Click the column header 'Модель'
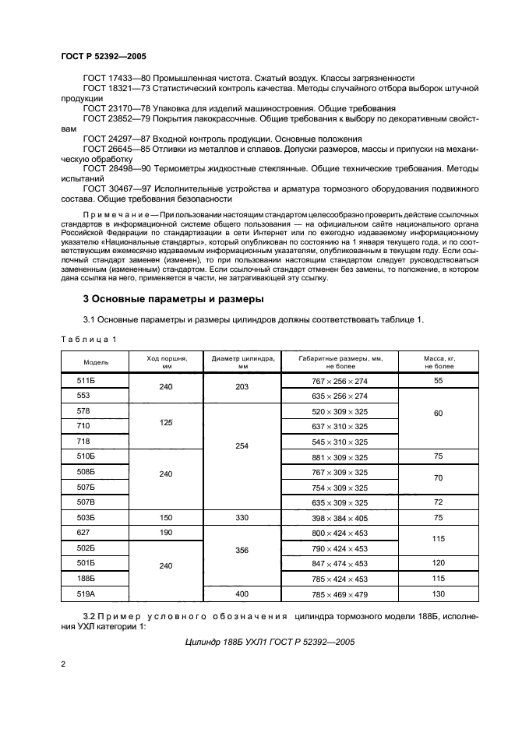click(97, 362)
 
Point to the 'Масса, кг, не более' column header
click(439, 362)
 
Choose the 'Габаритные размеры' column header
click(340, 362)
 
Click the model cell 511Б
click(86, 380)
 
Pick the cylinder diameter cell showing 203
click(242, 387)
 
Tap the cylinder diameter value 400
click(242, 594)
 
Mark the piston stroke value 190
click(164, 534)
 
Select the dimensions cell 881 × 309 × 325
click(340, 456)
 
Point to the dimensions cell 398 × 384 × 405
click(340, 518)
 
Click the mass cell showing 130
click(439, 594)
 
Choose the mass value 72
click(439, 502)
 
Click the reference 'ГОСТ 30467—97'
click(116, 188)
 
